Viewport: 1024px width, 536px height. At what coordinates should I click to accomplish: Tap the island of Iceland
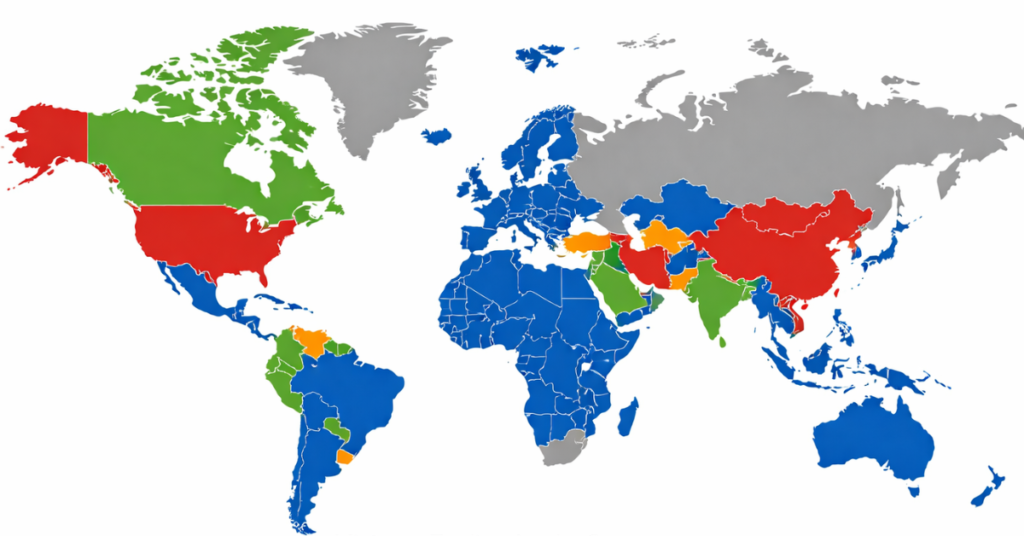(x=436, y=135)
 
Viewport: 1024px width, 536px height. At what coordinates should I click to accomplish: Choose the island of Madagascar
(x=628, y=415)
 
